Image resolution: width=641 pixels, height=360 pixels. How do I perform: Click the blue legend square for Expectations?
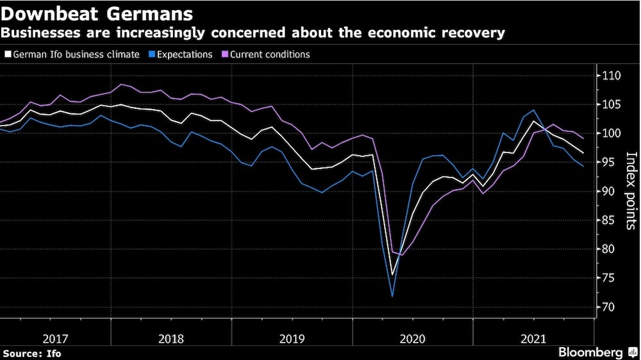tap(145, 55)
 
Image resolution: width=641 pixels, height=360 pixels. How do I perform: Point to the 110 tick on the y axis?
tap(612, 76)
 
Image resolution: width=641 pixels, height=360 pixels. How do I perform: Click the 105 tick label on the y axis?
tap(612, 104)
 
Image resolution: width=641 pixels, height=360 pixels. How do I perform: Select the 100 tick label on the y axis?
tap(612, 133)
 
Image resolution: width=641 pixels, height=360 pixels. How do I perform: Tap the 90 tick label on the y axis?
tap(609, 192)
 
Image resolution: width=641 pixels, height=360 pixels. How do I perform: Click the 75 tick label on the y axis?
tap(609, 278)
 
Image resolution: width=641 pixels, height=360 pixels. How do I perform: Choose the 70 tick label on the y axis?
tap(609, 307)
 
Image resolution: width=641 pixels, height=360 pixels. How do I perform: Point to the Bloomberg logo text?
tap(590, 352)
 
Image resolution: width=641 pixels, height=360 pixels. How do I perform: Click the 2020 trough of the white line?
tap(392, 275)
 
